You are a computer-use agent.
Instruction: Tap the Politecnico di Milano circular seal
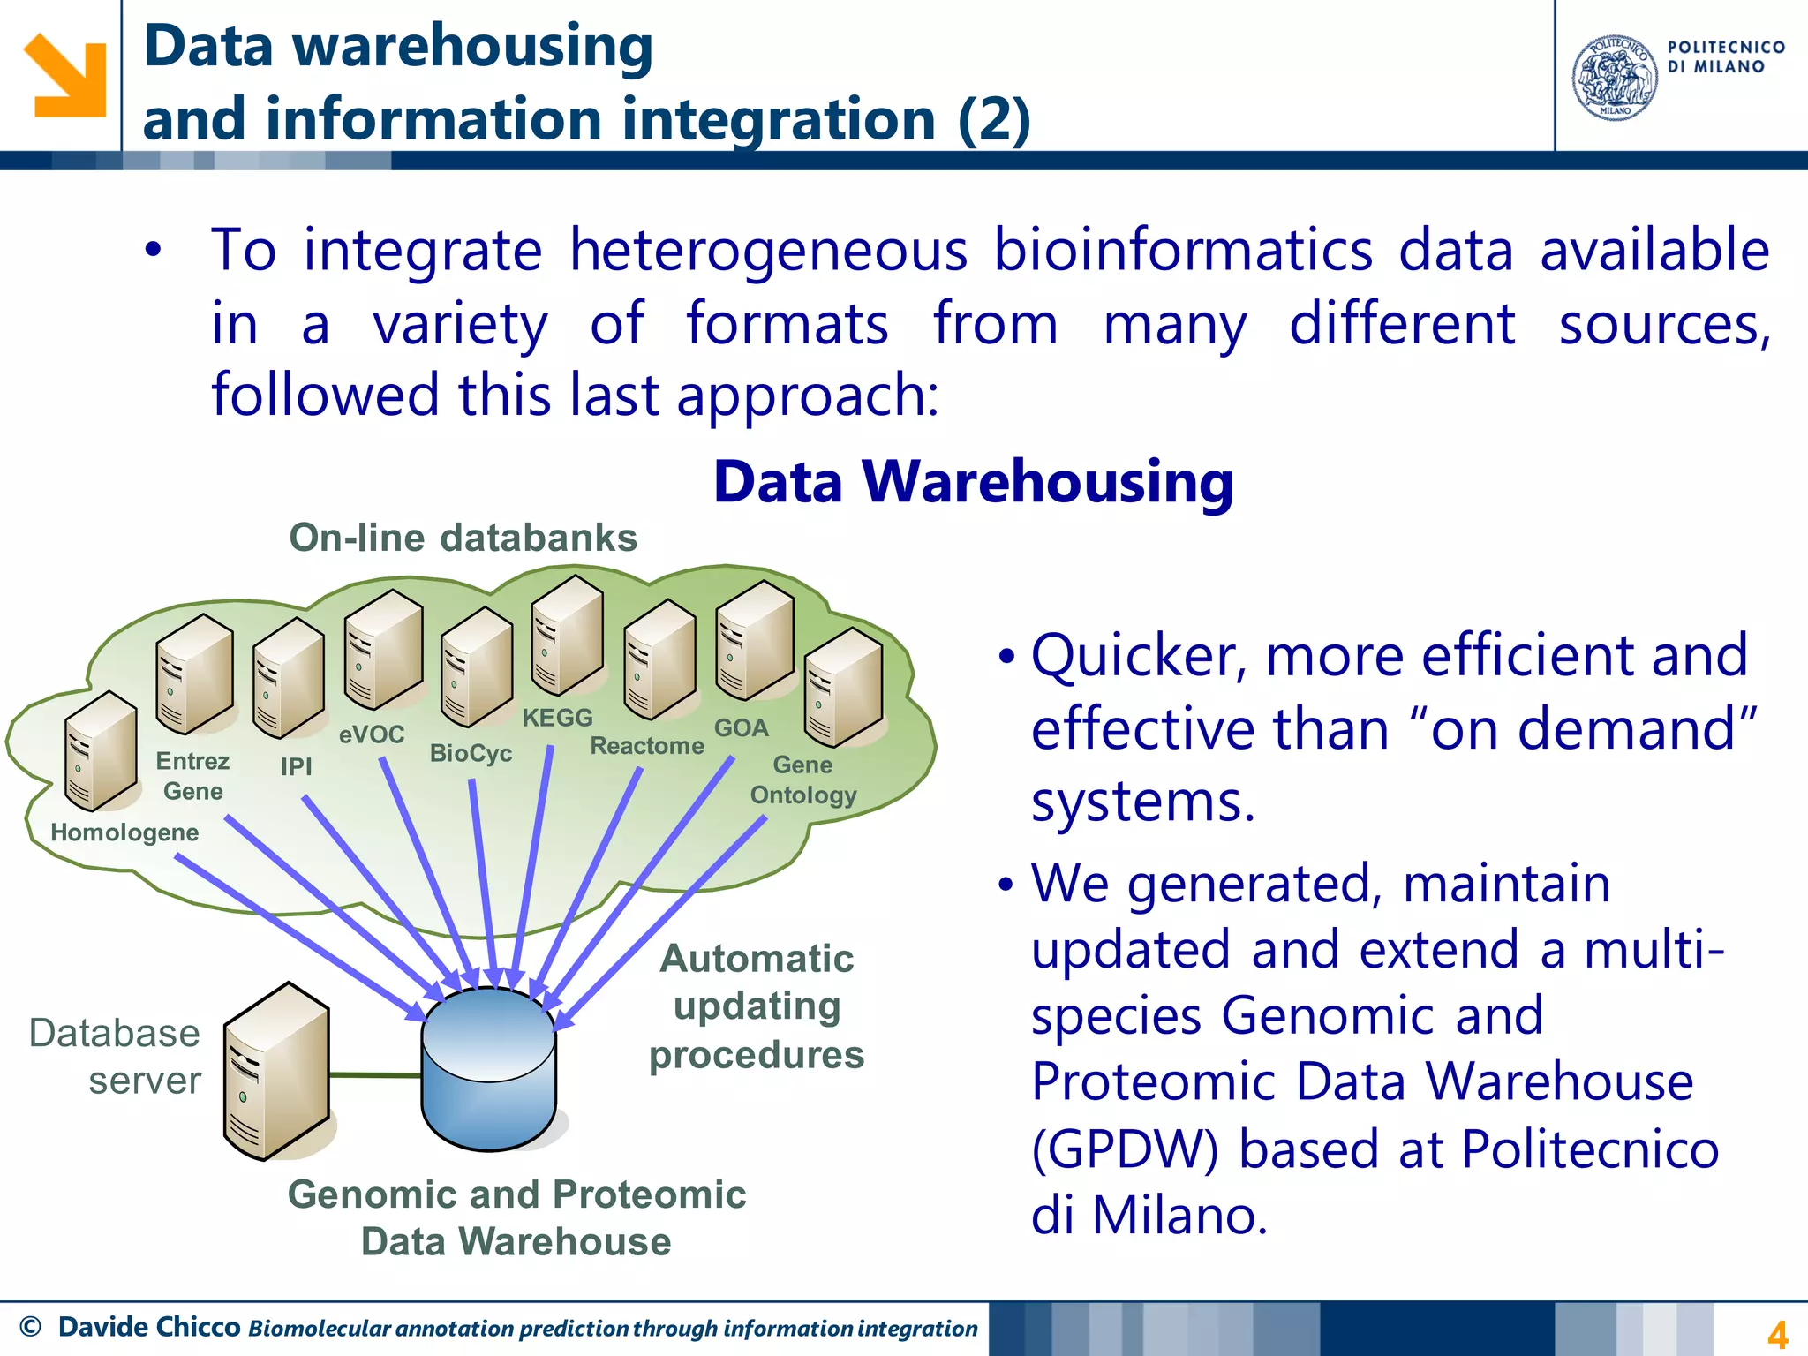[x=1615, y=78]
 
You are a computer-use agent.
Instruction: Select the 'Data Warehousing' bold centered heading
[x=973, y=483]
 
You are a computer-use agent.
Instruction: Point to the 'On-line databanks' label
[x=463, y=538]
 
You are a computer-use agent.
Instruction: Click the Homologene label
[x=124, y=832]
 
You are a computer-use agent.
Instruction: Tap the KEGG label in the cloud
[x=557, y=718]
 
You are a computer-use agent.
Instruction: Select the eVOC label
[x=372, y=734]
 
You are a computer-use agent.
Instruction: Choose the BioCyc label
[x=471, y=753]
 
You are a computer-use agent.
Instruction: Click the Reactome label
[x=646, y=746]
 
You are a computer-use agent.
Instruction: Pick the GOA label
[x=741, y=728]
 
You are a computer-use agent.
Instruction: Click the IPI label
[x=296, y=766]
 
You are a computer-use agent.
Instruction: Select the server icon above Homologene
[x=101, y=751]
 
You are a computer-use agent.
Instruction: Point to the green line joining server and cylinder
[x=375, y=1075]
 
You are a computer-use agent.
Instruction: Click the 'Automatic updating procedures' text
[x=757, y=1006]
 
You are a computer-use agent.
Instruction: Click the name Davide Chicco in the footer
[x=149, y=1327]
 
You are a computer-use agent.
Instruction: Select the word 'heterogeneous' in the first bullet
[x=768, y=250]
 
